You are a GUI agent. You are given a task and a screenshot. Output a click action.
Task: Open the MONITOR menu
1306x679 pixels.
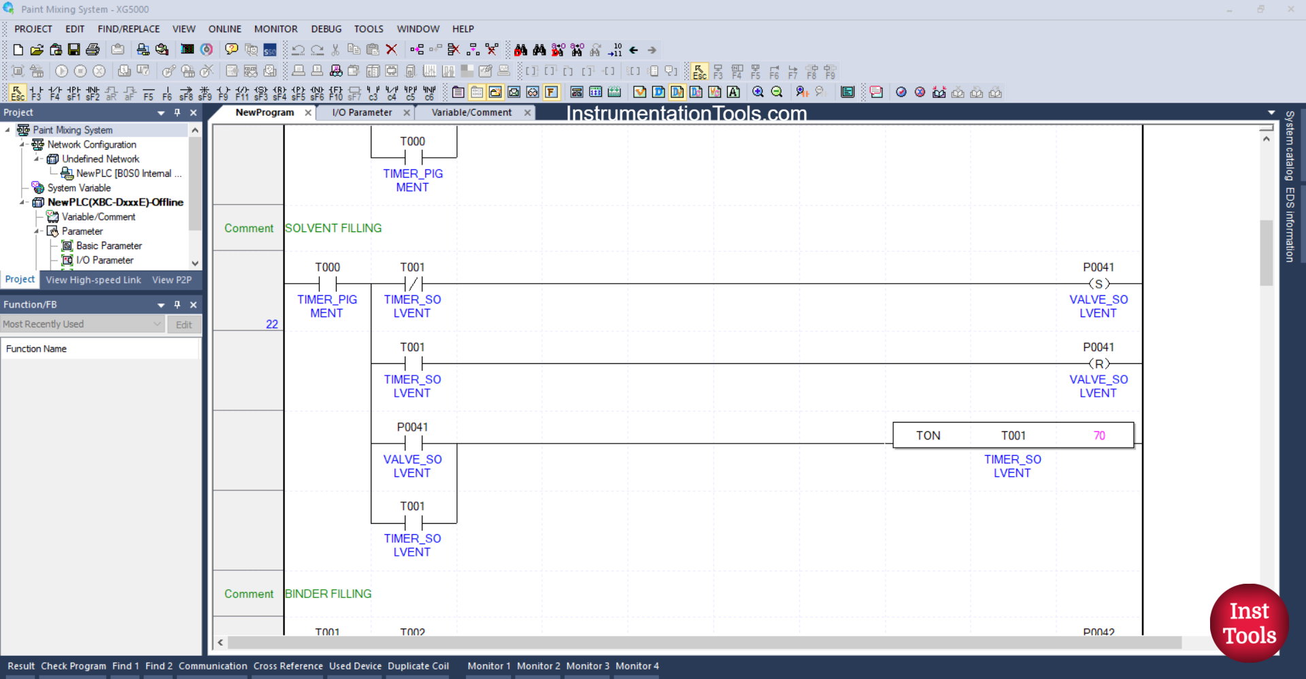(275, 29)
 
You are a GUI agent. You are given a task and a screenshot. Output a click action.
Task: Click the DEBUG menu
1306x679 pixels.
(326, 29)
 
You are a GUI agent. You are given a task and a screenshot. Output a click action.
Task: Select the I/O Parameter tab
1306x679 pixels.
(362, 113)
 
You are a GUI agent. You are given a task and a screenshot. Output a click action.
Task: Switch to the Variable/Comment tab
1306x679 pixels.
(471, 113)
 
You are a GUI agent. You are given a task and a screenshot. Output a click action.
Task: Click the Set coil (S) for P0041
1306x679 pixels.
(1099, 284)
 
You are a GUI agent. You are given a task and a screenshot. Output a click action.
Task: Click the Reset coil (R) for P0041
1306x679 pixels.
(1099, 364)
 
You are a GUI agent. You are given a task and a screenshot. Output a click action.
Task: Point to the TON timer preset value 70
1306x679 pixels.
(1099, 436)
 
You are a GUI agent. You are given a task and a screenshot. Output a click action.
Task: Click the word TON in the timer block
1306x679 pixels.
(928, 436)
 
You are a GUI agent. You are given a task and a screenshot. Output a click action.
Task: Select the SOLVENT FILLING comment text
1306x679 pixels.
(333, 229)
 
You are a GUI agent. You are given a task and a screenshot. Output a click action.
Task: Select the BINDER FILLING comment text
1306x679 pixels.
(329, 594)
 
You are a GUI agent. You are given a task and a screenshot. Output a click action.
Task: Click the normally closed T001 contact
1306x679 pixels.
(413, 284)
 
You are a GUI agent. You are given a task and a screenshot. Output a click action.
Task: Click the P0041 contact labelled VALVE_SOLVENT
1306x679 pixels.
(413, 444)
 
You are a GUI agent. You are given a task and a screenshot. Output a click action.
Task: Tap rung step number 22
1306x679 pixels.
(272, 325)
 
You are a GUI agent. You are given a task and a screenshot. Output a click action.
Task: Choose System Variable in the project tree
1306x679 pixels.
(79, 188)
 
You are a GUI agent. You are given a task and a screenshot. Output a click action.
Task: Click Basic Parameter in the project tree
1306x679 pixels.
(109, 246)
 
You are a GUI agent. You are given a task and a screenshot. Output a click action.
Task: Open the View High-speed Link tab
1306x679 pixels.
(93, 280)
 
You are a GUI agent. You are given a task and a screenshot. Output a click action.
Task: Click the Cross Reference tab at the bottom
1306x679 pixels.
(288, 666)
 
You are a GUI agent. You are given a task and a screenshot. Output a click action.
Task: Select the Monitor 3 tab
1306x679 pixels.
(588, 666)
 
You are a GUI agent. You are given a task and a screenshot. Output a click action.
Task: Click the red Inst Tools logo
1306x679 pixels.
(1249, 623)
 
